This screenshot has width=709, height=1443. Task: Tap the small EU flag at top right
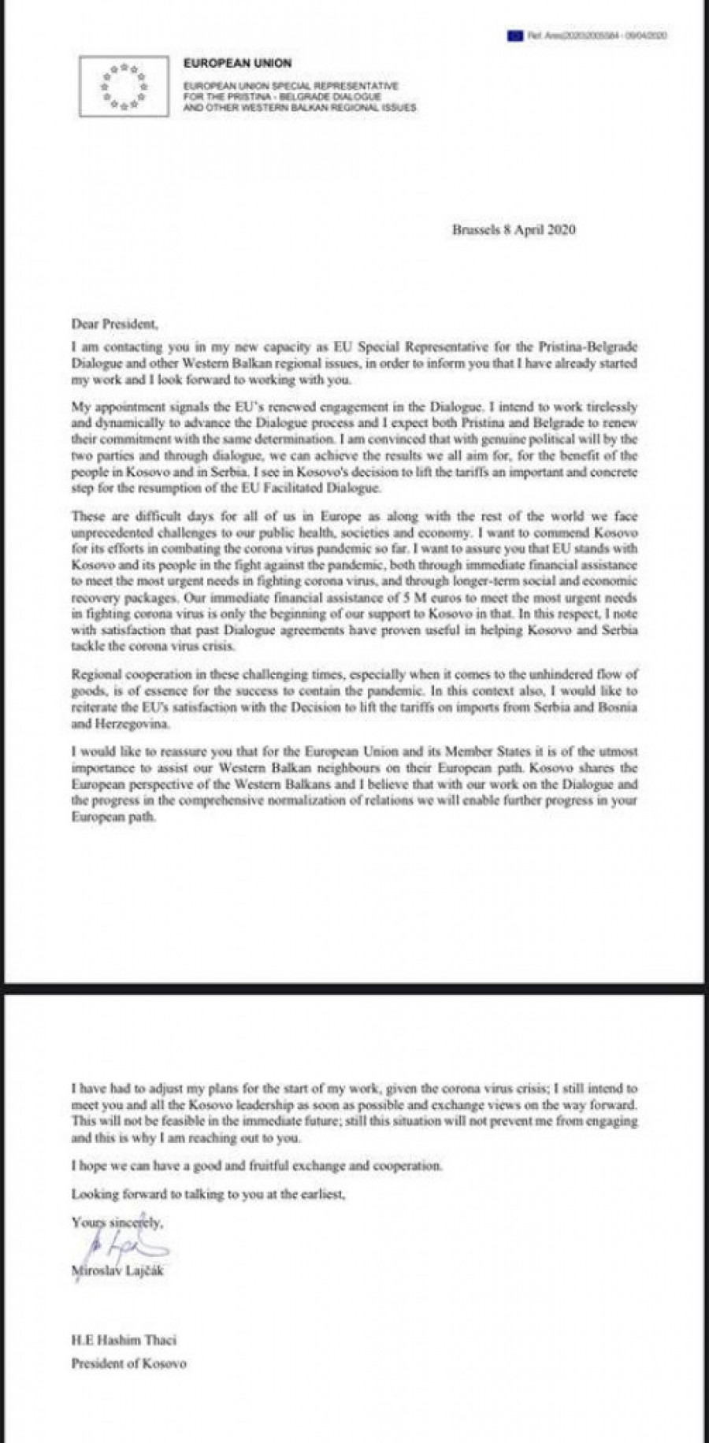click(x=516, y=35)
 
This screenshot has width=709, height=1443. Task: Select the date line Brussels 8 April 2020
click(x=514, y=230)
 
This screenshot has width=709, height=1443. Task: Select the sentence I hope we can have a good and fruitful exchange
click(x=257, y=1165)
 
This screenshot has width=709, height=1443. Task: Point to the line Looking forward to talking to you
click(x=208, y=1194)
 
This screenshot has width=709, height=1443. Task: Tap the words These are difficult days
click(x=135, y=517)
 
